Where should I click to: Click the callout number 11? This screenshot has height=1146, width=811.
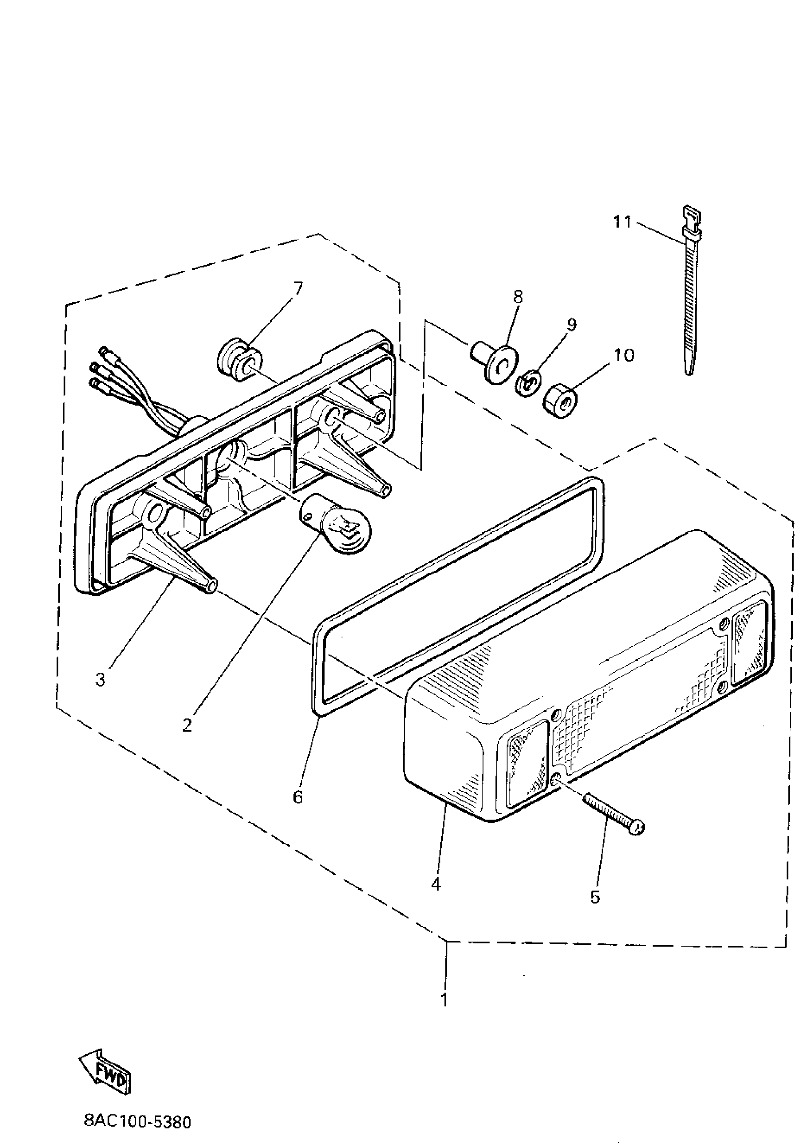click(622, 221)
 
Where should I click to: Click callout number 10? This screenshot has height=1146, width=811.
click(624, 355)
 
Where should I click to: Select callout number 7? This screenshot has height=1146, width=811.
click(297, 288)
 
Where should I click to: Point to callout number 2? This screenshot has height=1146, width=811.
click(187, 726)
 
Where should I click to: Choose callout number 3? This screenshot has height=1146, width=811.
click(101, 679)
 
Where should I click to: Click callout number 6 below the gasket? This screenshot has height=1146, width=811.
click(298, 797)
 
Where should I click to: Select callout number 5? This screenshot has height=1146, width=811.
click(594, 897)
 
